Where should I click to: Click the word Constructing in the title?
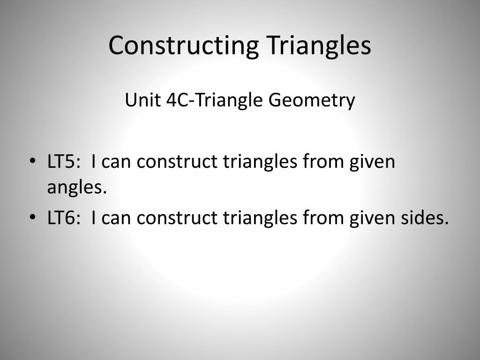tap(184, 45)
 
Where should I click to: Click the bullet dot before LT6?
tap(32, 218)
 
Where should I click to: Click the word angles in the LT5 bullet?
tap(74, 188)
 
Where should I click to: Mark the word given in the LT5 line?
tap(372, 162)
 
